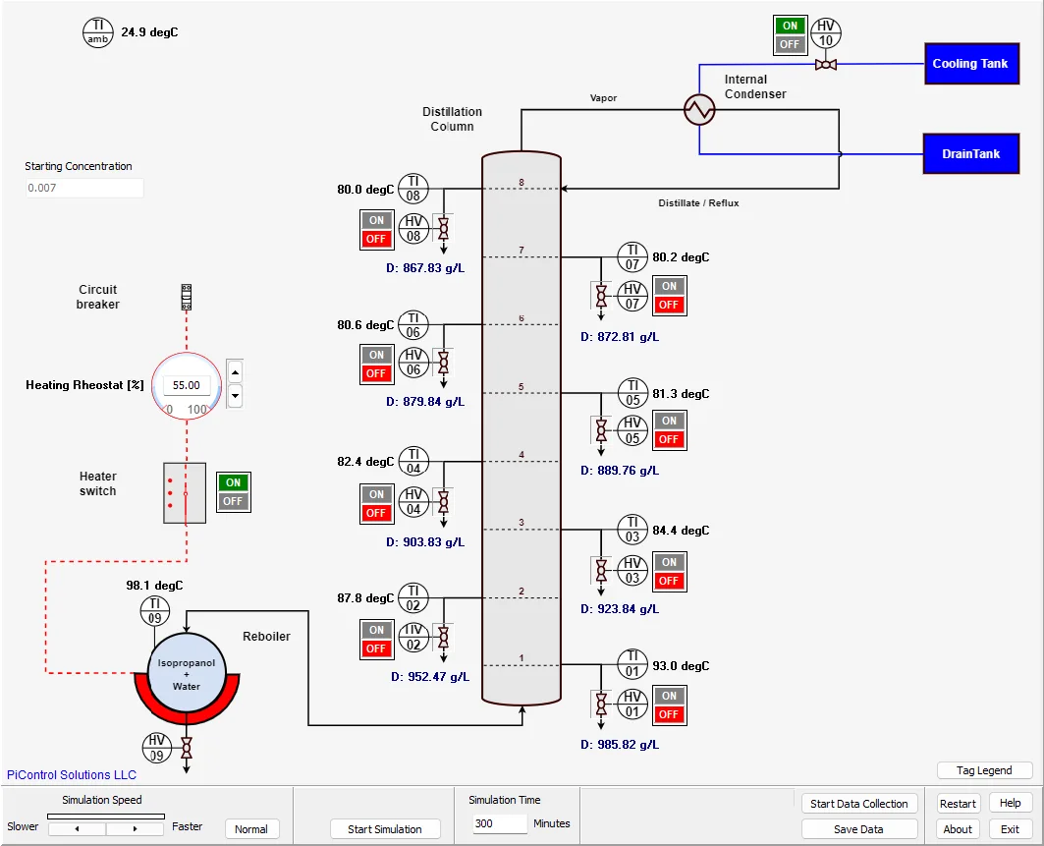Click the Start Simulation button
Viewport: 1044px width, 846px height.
pyautogui.click(x=384, y=829)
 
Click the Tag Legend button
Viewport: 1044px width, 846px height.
pyautogui.click(x=984, y=770)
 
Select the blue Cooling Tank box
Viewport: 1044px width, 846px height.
pyautogui.click(x=969, y=64)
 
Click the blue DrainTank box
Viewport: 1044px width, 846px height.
pyautogui.click(x=969, y=154)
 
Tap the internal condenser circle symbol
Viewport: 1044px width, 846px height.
pyautogui.click(x=700, y=109)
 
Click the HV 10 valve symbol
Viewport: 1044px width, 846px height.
pyautogui.click(x=826, y=65)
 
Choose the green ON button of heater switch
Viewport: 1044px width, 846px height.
pyautogui.click(x=233, y=482)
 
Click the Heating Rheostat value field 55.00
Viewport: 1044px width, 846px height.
pyautogui.click(x=187, y=386)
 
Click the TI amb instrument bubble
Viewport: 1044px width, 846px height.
pyautogui.click(x=98, y=32)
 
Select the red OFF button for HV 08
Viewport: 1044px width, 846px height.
pyautogui.click(x=376, y=239)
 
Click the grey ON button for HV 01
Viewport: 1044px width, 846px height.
pyautogui.click(x=669, y=696)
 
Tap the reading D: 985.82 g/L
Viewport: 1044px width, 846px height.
pyautogui.click(x=620, y=745)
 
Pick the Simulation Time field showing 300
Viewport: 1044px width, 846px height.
pyautogui.click(x=498, y=823)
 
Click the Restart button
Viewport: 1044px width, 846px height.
pyautogui.click(x=958, y=803)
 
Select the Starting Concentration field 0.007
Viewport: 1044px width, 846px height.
pyautogui.click(x=84, y=188)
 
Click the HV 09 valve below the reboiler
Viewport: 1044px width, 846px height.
pyautogui.click(x=187, y=750)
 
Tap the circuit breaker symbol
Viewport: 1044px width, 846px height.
pyautogui.click(x=186, y=297)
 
